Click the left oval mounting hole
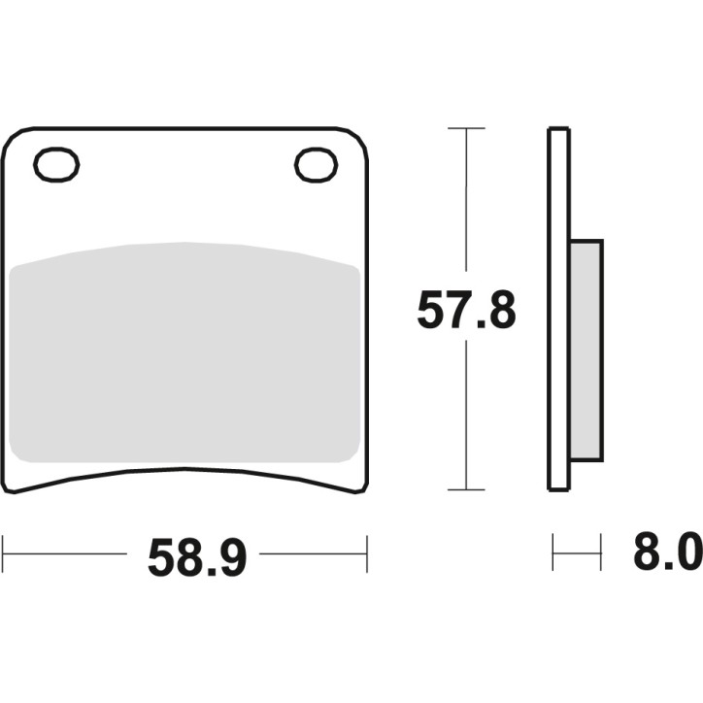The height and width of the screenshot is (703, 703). point(55,165)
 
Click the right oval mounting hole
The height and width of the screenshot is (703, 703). point(316,165)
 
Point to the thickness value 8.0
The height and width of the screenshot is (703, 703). point(666,556)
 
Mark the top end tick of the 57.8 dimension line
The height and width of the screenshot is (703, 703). point(467,128)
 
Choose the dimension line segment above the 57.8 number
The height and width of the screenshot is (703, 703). point(467,204)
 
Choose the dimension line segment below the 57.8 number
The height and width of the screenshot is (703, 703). point(467,418)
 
